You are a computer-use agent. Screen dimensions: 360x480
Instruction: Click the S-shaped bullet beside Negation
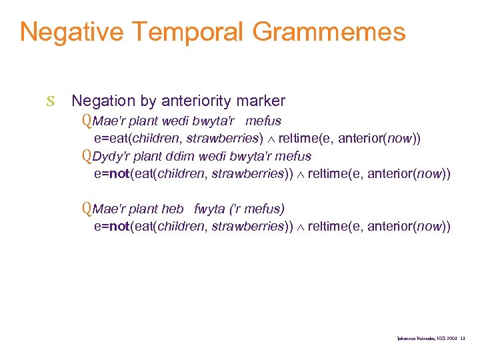51,102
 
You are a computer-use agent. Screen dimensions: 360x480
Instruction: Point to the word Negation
103,101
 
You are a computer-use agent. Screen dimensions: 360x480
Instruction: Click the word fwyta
210,209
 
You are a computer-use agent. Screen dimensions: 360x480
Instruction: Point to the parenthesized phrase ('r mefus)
258,209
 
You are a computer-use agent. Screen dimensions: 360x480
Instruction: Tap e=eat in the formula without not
113,139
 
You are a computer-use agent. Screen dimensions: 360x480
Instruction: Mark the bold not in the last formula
119,227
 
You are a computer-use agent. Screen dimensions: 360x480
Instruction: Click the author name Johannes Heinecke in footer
413,339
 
